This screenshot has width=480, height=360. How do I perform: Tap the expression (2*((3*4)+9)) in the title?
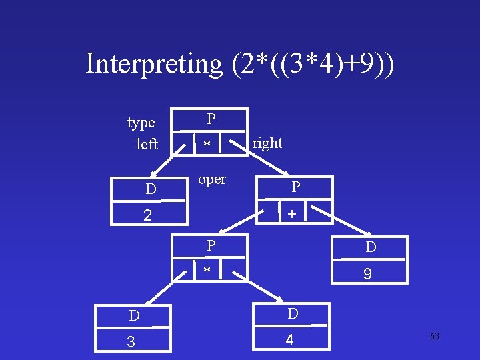pos(313,64)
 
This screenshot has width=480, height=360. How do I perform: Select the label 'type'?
pos(141,123)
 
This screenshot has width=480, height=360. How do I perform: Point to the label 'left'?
pos(147,144)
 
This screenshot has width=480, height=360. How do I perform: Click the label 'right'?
pos(267,143)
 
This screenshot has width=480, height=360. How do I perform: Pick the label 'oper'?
pos(212,179)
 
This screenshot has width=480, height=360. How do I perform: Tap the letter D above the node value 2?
pos(151,190)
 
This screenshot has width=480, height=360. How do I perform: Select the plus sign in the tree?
pos(292,215)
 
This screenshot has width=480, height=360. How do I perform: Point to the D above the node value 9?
pos(371,247)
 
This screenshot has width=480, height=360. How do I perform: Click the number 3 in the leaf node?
pos(131,342)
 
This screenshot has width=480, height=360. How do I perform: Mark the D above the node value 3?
pos(134,315)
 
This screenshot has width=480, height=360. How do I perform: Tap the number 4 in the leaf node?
pos(289,340)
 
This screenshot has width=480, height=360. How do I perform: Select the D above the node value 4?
pos(293,313)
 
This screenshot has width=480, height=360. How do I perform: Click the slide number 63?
pos(435,337)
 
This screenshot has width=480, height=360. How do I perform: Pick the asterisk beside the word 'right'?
pos(207,145)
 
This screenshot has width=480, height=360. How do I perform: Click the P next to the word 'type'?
pos(211,119)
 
